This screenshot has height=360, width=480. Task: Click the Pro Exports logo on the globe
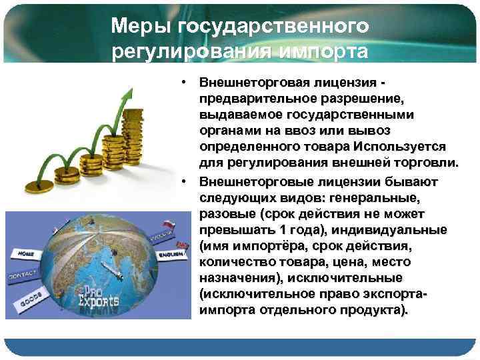click(101, 296)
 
